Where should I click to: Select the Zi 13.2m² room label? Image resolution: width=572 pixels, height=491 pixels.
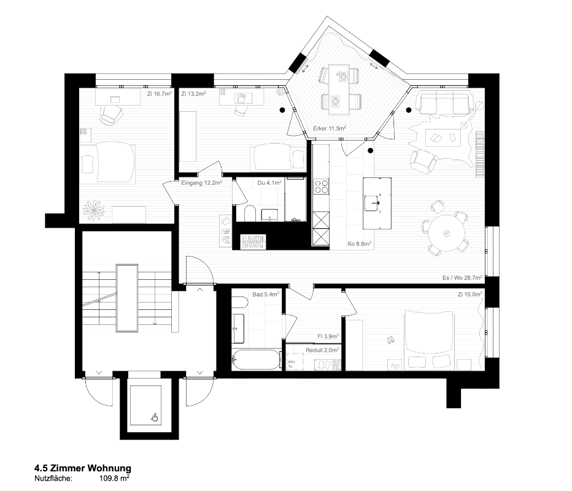[193, 94]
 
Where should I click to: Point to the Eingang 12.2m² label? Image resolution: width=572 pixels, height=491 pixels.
[201, 182]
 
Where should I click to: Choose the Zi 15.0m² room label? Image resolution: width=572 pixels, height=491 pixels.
[470, 295]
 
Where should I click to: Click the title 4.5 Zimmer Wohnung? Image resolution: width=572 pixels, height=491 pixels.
[82, 468]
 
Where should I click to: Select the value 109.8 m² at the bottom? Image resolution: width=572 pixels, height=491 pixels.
[114, 477]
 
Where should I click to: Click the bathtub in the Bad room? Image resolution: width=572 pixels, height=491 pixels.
[257, 359]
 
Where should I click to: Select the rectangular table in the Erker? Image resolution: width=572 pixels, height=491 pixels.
[337, 87]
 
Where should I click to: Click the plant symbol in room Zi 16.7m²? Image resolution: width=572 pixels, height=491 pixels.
[95, 210]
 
